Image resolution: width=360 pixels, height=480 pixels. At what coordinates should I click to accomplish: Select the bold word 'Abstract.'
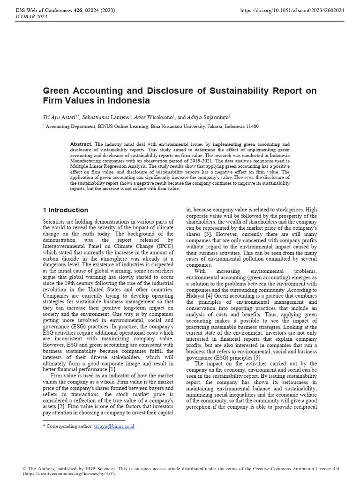(81, 144)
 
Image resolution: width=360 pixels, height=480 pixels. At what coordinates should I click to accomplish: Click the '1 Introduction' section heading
(65, 210)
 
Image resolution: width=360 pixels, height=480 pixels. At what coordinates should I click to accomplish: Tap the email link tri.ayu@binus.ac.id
(114, 426)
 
